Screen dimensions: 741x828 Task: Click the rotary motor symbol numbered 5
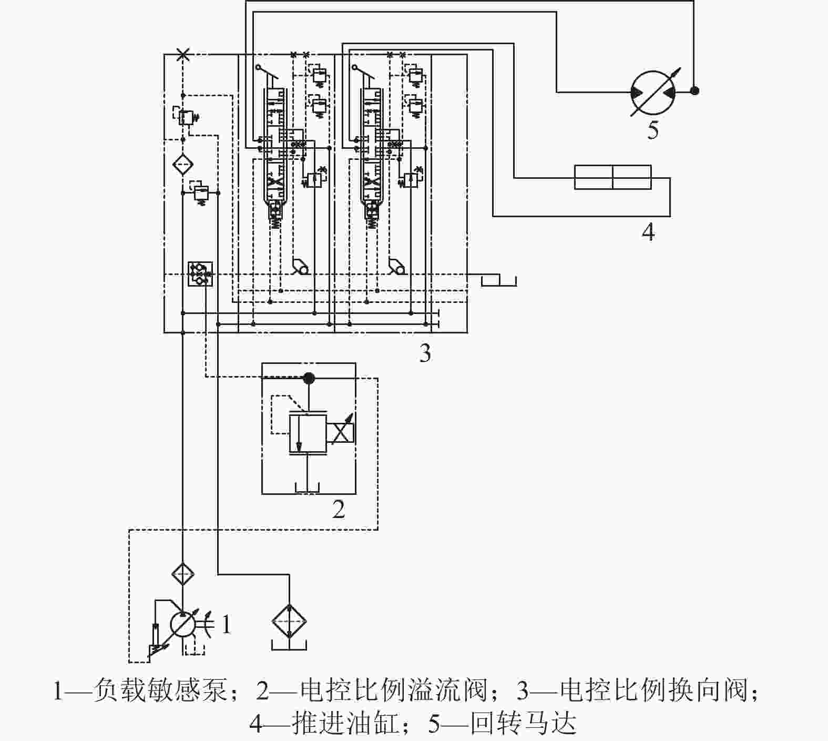click(x=652, y=92)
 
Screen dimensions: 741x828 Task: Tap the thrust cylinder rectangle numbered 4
click(x=612, y=177)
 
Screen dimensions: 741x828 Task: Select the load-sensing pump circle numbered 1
click(x=182, y=625)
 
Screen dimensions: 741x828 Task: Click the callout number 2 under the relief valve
click(x=339, y=509)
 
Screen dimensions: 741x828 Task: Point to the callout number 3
click(x=425, y=353)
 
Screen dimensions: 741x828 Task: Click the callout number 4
click(x=648, y=231)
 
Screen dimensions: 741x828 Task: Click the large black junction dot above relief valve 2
click(x=309, y=378)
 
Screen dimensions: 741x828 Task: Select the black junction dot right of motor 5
click(x=694, y=91)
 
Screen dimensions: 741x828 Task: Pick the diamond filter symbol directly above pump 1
click(x=182, y=574)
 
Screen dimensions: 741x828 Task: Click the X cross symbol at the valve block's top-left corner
click(x=182, y=54)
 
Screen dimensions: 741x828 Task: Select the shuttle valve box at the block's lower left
click(x=200, y=273)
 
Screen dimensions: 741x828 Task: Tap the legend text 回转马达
click(x=524, y=724)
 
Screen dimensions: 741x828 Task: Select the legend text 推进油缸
click(x=347, y=724)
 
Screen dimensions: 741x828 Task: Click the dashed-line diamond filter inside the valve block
click(x=182, y=165)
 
